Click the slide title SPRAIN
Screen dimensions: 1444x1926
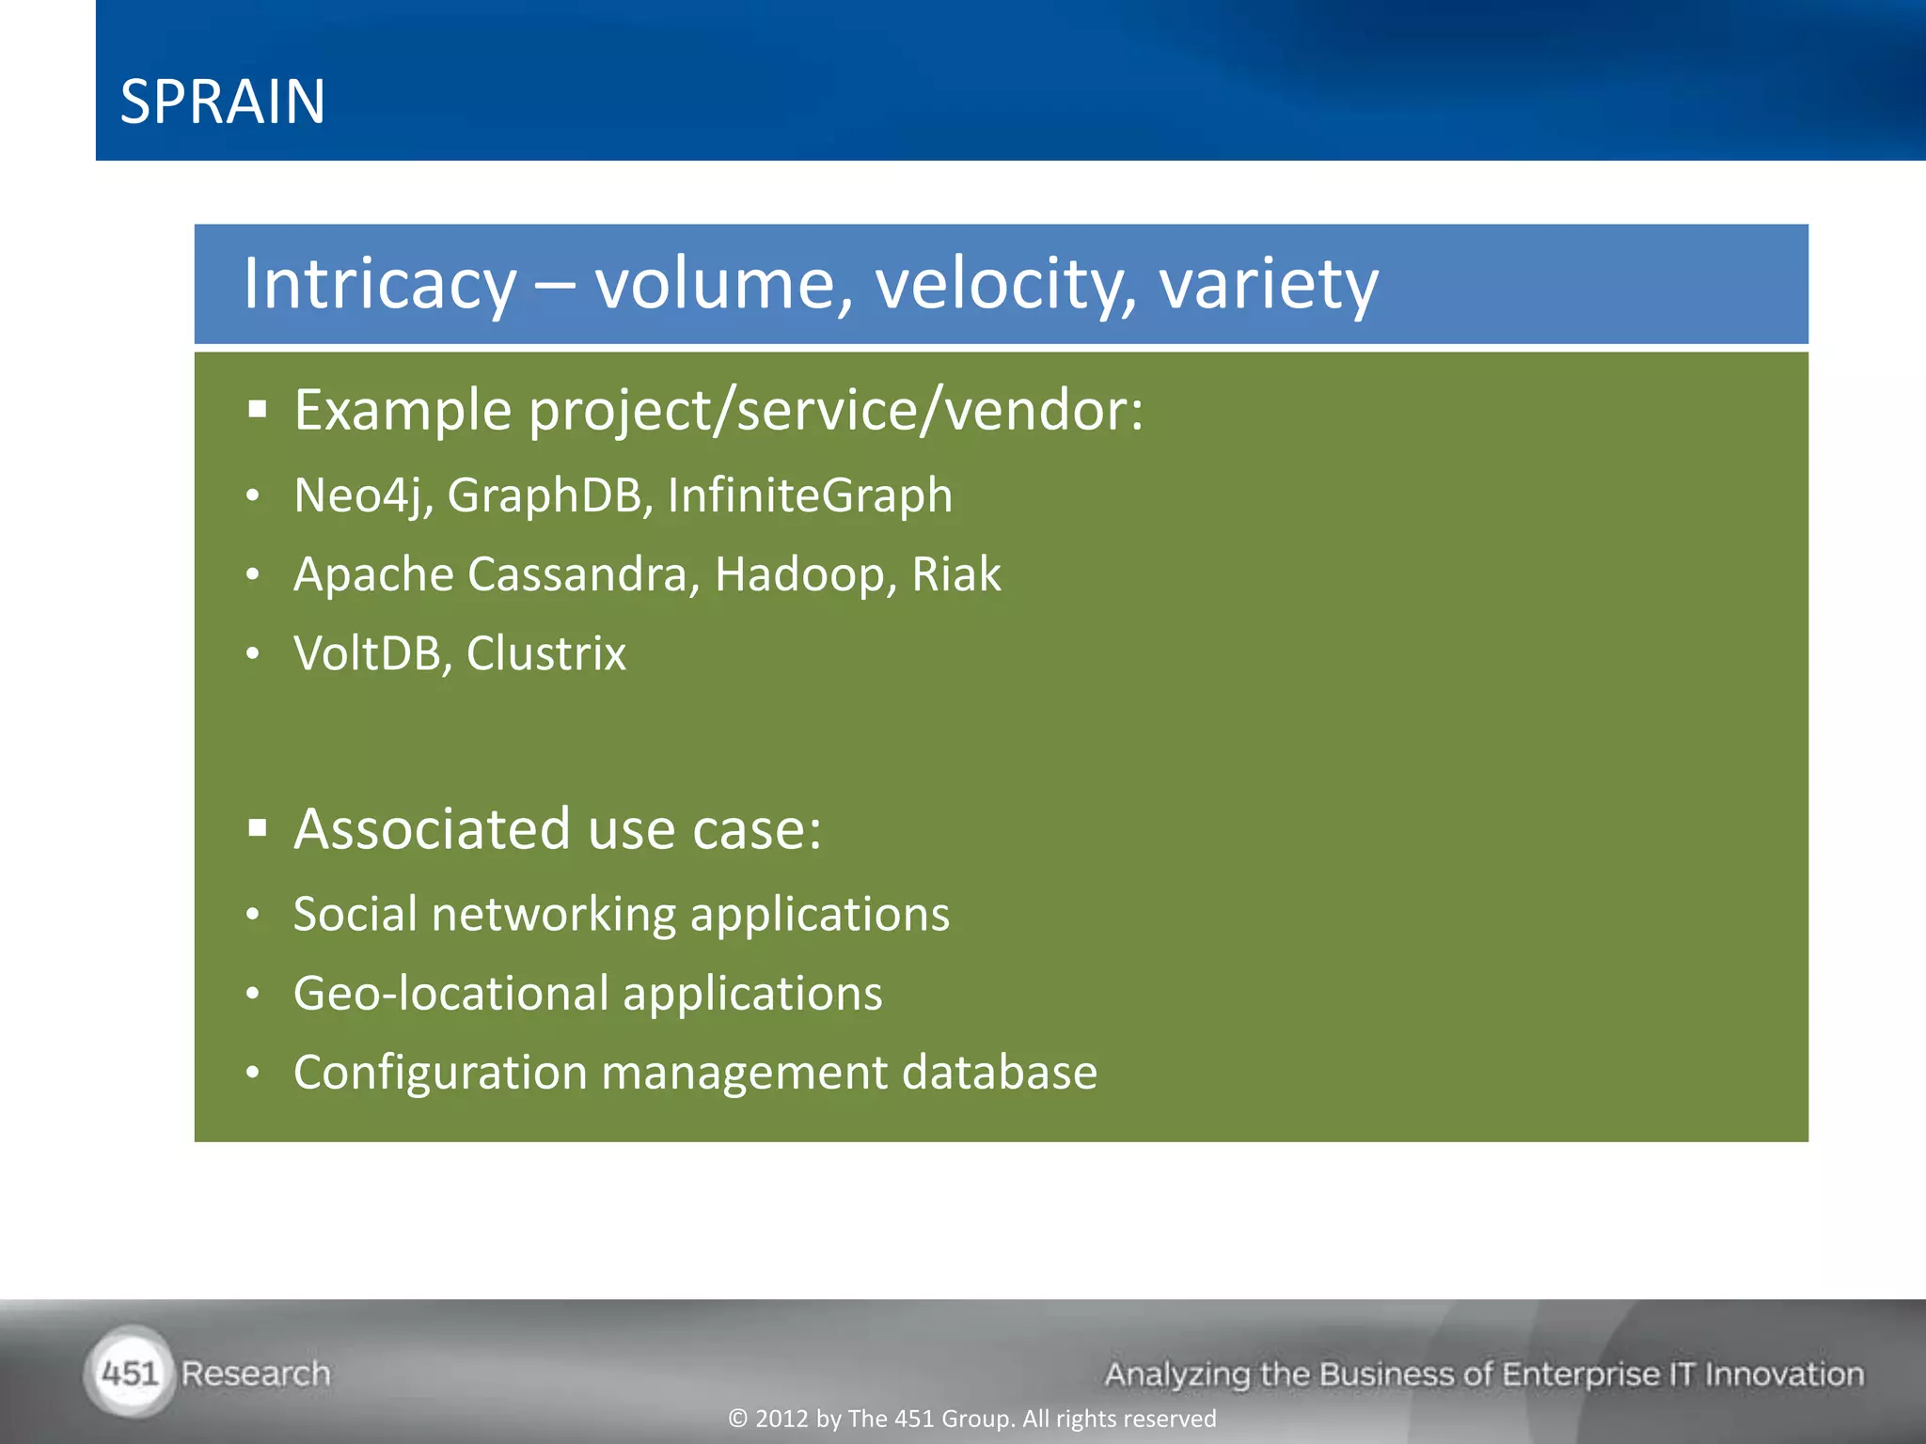tap(223, 102)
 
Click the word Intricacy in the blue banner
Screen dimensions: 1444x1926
tap(380, 283)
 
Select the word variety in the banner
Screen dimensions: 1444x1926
tap(1268, 283)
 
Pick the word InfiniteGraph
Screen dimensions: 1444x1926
tap(810, 495)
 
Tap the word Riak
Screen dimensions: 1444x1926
tap(955, 574)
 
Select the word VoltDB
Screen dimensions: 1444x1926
tap(368, 653)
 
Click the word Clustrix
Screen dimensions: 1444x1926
tap(545, 653)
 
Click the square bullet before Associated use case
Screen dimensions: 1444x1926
tap(258, 828)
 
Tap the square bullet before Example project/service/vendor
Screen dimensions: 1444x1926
tap(258, 410)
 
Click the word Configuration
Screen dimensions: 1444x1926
tap(440, 1073)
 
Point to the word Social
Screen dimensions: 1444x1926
tap(355, 915)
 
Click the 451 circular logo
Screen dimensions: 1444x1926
tap(130, 1373)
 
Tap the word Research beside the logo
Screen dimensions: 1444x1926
tap(256, 1373)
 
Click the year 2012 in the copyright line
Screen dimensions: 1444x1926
tap(781, 1419)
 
